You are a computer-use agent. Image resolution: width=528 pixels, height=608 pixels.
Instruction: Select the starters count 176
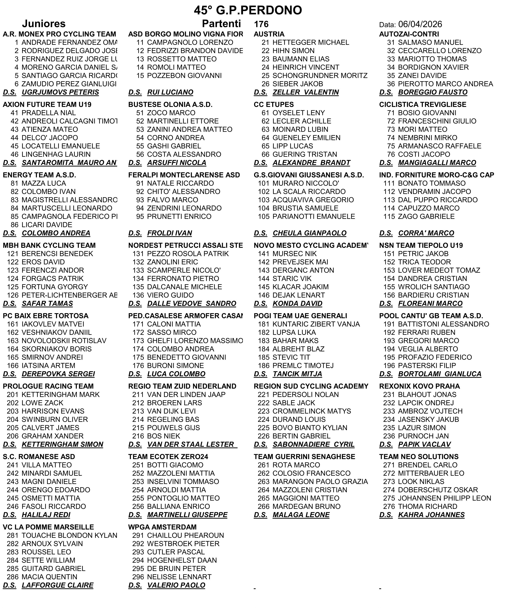[x=261, y=24]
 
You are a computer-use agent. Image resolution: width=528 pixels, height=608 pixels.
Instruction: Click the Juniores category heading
[x=44, y=24]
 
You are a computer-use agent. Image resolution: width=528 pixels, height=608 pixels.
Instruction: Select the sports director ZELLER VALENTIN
[x=306, y=93]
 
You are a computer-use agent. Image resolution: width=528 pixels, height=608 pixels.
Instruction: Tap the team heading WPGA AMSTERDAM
[x=162, y=527]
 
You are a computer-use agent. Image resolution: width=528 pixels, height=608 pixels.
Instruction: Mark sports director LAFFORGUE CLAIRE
[x=57, y=585]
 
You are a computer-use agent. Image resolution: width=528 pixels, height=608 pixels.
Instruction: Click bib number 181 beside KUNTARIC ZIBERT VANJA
[x=263, y=324]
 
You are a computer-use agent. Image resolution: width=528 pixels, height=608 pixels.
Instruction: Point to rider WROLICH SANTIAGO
[x=434, y=287]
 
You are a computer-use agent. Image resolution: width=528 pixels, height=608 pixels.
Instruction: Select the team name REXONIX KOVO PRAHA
[x=420, y=386]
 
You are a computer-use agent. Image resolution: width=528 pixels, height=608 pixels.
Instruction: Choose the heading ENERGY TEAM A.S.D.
[x=40, y=175]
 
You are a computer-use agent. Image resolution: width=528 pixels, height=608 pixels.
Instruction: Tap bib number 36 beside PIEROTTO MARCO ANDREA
[x=391, y=84]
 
